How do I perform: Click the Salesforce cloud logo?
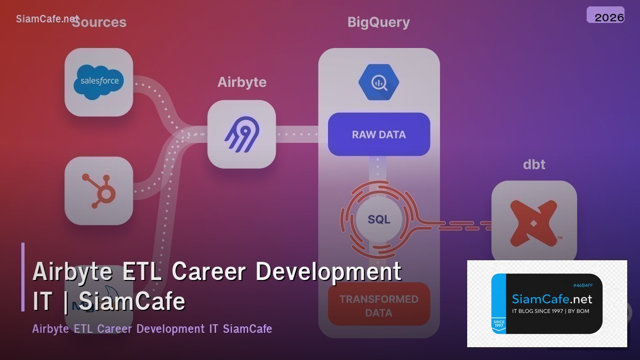click(99, 82)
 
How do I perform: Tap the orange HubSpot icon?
click(99, 190)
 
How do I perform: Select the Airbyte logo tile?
click(242, 134)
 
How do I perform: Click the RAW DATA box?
click(379, 134)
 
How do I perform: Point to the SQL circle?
click(379, 219)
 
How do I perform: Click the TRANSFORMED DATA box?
click(379, 305)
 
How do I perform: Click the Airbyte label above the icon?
click(242, 83)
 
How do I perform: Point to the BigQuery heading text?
click(379, 22)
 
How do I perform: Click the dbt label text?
click(534, 165)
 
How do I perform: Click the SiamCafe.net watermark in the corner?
click(47, 19)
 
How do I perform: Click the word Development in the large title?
click(329, 271)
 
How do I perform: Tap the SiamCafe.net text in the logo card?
click(552, 299)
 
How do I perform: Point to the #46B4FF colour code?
click(583, 285)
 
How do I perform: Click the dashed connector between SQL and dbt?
click(459, 225)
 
